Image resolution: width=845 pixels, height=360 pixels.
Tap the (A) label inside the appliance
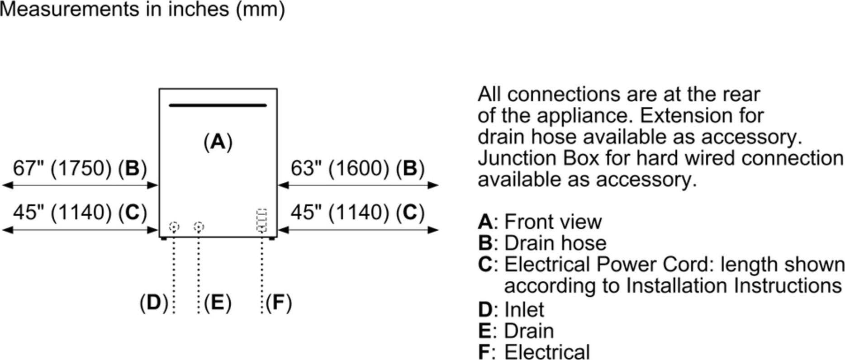pos(218,142)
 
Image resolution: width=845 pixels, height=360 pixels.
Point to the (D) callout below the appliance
pos(154,303)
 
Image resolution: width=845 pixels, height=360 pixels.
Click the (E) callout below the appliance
pos(218,303)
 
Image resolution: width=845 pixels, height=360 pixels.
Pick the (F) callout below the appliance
pos(279,303)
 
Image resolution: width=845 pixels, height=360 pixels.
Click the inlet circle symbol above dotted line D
pos(174,226)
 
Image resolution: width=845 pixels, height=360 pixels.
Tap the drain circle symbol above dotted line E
pos(199,226)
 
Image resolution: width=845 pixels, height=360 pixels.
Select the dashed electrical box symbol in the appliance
pos(261,220)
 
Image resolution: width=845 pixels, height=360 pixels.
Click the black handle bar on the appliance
pos(218,105)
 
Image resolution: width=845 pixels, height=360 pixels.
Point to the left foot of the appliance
pos(164,238)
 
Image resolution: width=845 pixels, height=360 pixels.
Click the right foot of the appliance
pos(271,238)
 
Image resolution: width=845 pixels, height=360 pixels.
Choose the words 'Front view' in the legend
pos(553,222)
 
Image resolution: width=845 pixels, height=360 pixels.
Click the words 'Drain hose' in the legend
pos(555,243)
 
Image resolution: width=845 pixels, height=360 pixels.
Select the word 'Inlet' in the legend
pos(524,310)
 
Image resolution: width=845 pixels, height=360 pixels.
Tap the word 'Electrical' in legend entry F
pos(547,352)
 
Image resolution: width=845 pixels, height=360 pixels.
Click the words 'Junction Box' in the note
pos(538,159)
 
